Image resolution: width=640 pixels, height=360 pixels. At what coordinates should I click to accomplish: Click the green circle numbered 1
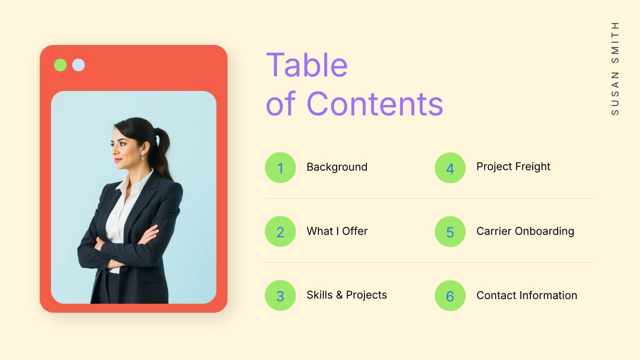click(x=280, y=167)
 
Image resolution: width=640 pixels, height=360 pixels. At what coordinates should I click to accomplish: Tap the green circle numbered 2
click(x=280, y=232)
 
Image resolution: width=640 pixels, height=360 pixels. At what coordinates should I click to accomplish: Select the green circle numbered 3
click(x=280, y=295)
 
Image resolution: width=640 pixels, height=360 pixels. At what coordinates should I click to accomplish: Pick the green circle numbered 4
click(x=450, y=167)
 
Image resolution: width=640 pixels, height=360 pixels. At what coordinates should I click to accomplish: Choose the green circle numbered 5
click(x=450, y=232)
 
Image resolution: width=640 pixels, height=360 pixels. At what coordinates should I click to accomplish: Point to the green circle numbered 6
click(x=450, y=295)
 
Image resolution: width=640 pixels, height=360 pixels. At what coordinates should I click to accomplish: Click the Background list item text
click(x=337, y=167)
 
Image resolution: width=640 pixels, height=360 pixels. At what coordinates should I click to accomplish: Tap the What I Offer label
click(x=337, y=231)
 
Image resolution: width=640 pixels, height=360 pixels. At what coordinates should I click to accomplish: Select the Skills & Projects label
click(x=347, y=295)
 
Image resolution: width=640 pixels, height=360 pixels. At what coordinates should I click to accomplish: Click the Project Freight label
click(x=513, y=166)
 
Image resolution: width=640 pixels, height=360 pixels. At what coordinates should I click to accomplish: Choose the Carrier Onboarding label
click(x=525, y=231)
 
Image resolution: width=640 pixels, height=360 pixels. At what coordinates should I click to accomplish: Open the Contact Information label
click(x=527, y=295)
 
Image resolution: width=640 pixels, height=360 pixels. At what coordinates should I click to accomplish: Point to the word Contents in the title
click(x=374, y=104)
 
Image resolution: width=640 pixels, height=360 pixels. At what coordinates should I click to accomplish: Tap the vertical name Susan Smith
click(x=615, y=68)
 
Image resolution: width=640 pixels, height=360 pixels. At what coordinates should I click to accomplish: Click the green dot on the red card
click(x=60, y=65)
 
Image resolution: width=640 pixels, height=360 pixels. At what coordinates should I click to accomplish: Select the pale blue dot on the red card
click(x=78, y=65)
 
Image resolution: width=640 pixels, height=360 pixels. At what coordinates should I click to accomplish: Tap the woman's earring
click(x=142, y=157)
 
